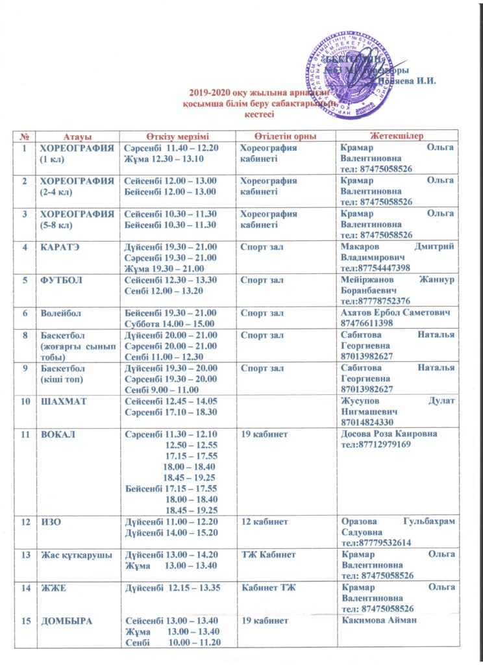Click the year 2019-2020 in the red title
point(210,93)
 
